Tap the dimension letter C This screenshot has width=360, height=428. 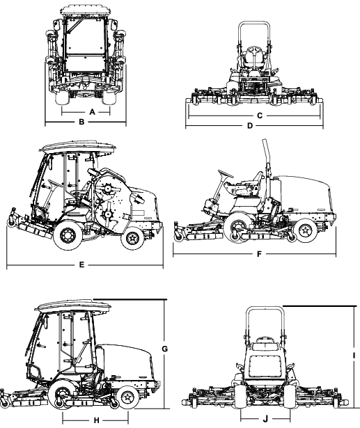[x=259, y=113]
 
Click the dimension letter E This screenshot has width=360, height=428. [x=82, y=265]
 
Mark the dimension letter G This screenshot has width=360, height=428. [x=166, y=347]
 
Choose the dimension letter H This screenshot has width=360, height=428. [x=95, y=420]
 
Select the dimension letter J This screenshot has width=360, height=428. [x=264, y=420]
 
